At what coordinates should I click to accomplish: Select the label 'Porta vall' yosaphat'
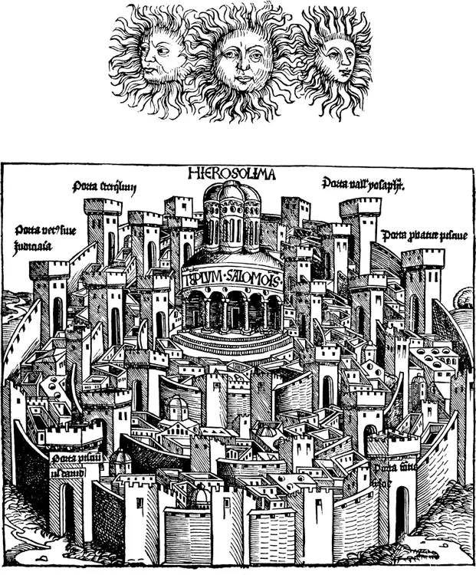coord(363,185)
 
